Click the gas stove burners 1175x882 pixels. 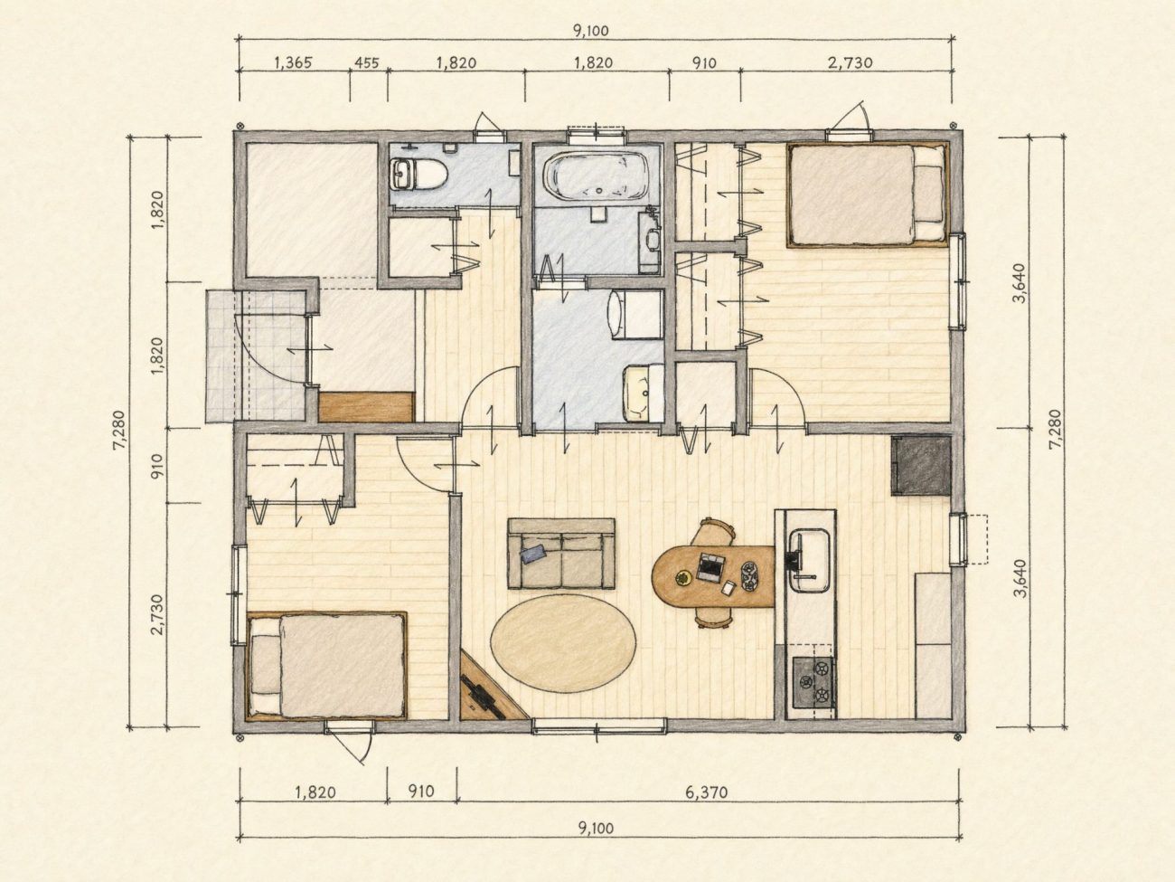pos(813,682)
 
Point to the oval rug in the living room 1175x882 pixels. pos(563,644)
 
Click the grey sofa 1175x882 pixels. pos(561,554)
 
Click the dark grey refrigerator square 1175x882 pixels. pos(921,465)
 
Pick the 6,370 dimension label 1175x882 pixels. pos(707,792)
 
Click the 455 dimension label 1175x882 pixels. pos(367,63)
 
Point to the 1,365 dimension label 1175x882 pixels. pos(293,63)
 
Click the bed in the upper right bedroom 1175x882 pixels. pos(867,194)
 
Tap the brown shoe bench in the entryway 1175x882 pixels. pos(367,406)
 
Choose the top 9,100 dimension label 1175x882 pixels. pos(591,31)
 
